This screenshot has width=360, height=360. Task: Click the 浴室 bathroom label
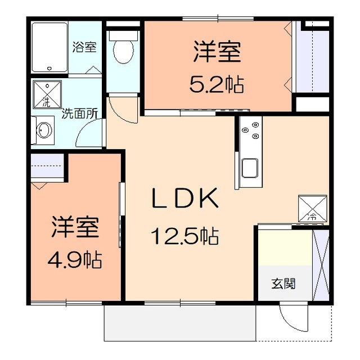[85, 47]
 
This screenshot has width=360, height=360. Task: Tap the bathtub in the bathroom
[50, 47]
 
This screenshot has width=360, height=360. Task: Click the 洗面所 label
[80, 112]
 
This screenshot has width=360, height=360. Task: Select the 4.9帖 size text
[74, 259]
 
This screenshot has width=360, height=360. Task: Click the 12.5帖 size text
[184, 236]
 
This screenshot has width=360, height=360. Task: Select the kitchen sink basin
[250, 168]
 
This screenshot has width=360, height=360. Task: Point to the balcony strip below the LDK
[180, 323]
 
